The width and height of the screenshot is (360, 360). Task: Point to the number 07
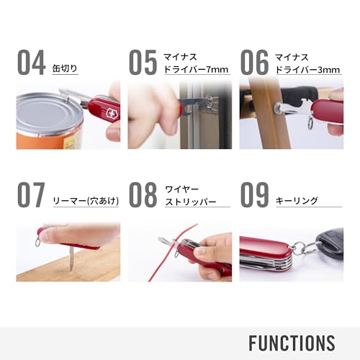[32, 194]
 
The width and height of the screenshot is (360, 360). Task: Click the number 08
[143, 194]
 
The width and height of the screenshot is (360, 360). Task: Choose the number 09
[254, 194]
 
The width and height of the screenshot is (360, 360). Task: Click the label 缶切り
[66, 69]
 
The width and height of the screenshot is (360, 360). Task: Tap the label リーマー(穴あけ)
[81, 202]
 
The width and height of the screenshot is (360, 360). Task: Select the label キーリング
[297, 202]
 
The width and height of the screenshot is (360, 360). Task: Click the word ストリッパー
[191, 202]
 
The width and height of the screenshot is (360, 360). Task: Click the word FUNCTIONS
[292, 342]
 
